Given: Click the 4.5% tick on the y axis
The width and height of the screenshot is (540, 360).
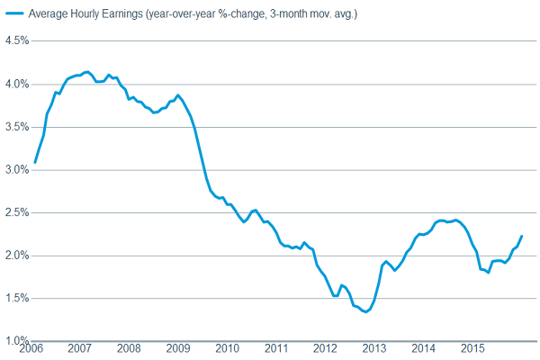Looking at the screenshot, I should (16, 41).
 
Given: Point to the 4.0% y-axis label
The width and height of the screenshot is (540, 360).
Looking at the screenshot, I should (16, 84).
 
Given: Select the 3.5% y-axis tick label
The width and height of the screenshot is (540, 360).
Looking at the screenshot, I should (16, 127).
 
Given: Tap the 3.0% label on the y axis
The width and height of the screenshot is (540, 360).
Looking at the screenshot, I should (16, 169).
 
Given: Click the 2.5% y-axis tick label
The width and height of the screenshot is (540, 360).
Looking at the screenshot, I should (16, 212).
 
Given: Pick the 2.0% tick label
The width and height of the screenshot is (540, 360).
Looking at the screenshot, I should (16, 256).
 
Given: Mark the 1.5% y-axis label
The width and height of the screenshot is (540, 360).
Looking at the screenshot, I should (16, 298).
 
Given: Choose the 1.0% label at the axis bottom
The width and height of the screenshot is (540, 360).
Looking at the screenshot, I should (16, 341).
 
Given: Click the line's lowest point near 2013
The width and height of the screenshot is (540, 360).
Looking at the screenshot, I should (364, 311).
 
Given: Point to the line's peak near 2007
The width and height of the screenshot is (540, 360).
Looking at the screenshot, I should (86, 72).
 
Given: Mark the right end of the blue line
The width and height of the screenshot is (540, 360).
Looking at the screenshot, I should (522, 236).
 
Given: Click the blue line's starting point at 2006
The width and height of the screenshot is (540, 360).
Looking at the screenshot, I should (34, 162).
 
